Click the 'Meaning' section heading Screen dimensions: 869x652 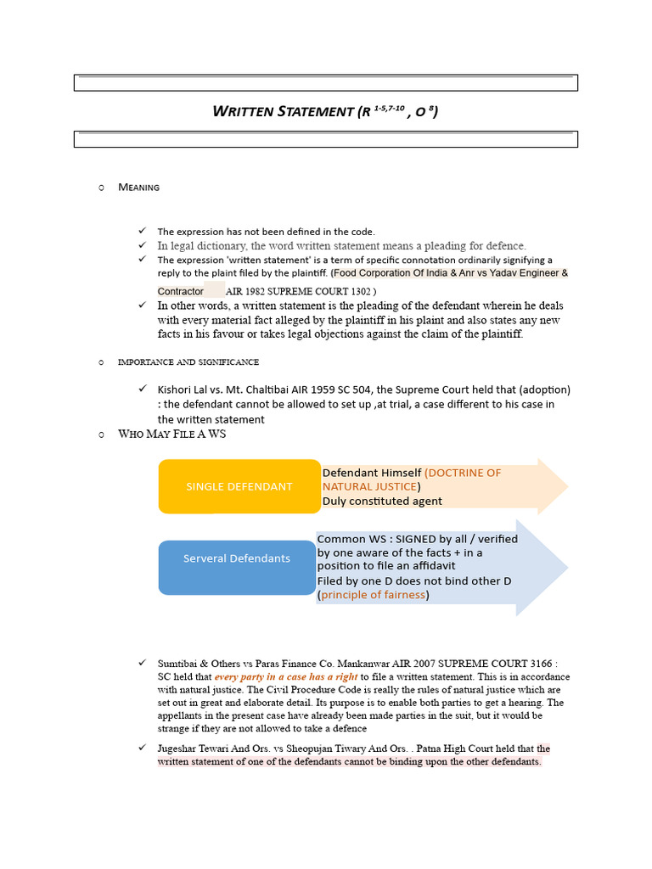pyautogui.click(x=138, y=187)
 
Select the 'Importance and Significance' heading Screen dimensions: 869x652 pyautogui.click(x=188, y=362)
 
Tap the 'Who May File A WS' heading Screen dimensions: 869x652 pyautogui.click(x=172, y=434)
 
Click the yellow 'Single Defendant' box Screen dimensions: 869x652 pyautogui.click(x=239, y=486)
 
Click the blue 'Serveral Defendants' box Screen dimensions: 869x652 pyautogui.click(x=236, y=558)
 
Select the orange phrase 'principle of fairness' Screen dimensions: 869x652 pyautogui.click(x=374, y=595)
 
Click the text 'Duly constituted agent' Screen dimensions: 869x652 pyautogui.click(x=382, y=501)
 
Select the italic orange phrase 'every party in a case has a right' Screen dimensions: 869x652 pyautogui.click(x=286, y=677)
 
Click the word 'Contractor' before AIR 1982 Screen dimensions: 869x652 pyautogui.click(x=181, y=291)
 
